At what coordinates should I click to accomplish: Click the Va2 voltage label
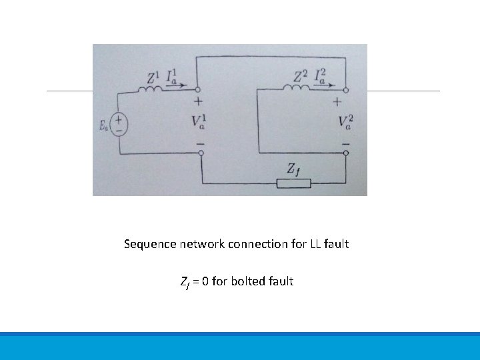[x=345, y=122]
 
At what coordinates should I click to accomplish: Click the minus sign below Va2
[x=345, y=143]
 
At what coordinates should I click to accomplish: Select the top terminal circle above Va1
[x=199, y=90]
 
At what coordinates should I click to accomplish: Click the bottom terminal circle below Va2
[x=346, y=153]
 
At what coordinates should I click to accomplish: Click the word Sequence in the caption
[x=150, y=244]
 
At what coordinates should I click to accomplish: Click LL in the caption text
[x=315, y=244]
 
